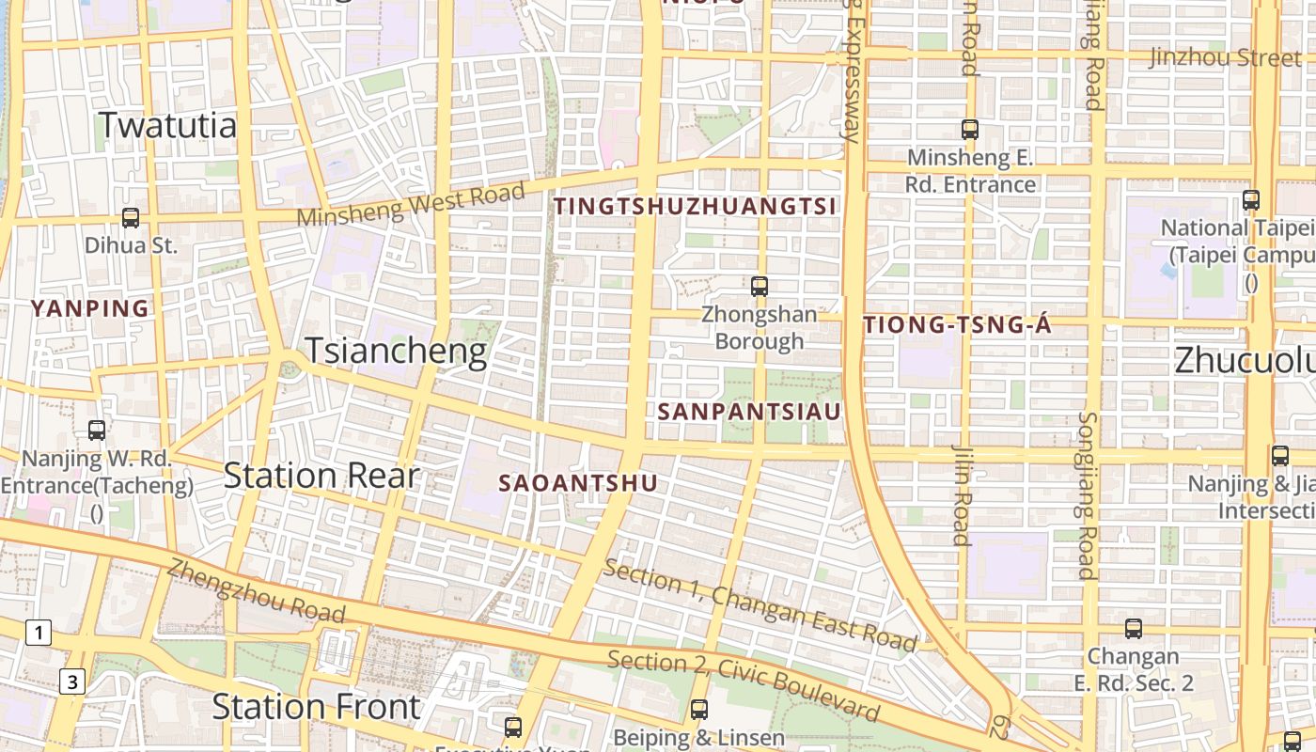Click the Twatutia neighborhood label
coord(167,125)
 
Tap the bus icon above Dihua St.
coord(131,218)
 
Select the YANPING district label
coord(90,308)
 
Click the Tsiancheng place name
coord(396,352)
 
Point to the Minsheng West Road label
coord(411,204)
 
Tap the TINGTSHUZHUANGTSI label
coord(695,207)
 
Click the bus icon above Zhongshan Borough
coord(760,286)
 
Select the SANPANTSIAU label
coord(749,412)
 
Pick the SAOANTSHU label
coord(577,483)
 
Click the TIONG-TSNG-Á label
coord(957,326)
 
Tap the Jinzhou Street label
coord(1225,58)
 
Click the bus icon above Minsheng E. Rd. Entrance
coord(970,130)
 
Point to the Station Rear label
coord(321,477)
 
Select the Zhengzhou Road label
coord(256,591)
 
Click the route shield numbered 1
coord(38,634)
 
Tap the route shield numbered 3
coord(72,681)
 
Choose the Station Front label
coord(316,707)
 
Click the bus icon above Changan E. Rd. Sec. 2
coord(1134,629)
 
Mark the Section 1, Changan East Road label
coord(760,606)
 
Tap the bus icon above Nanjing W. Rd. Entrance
coord(97,431)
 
